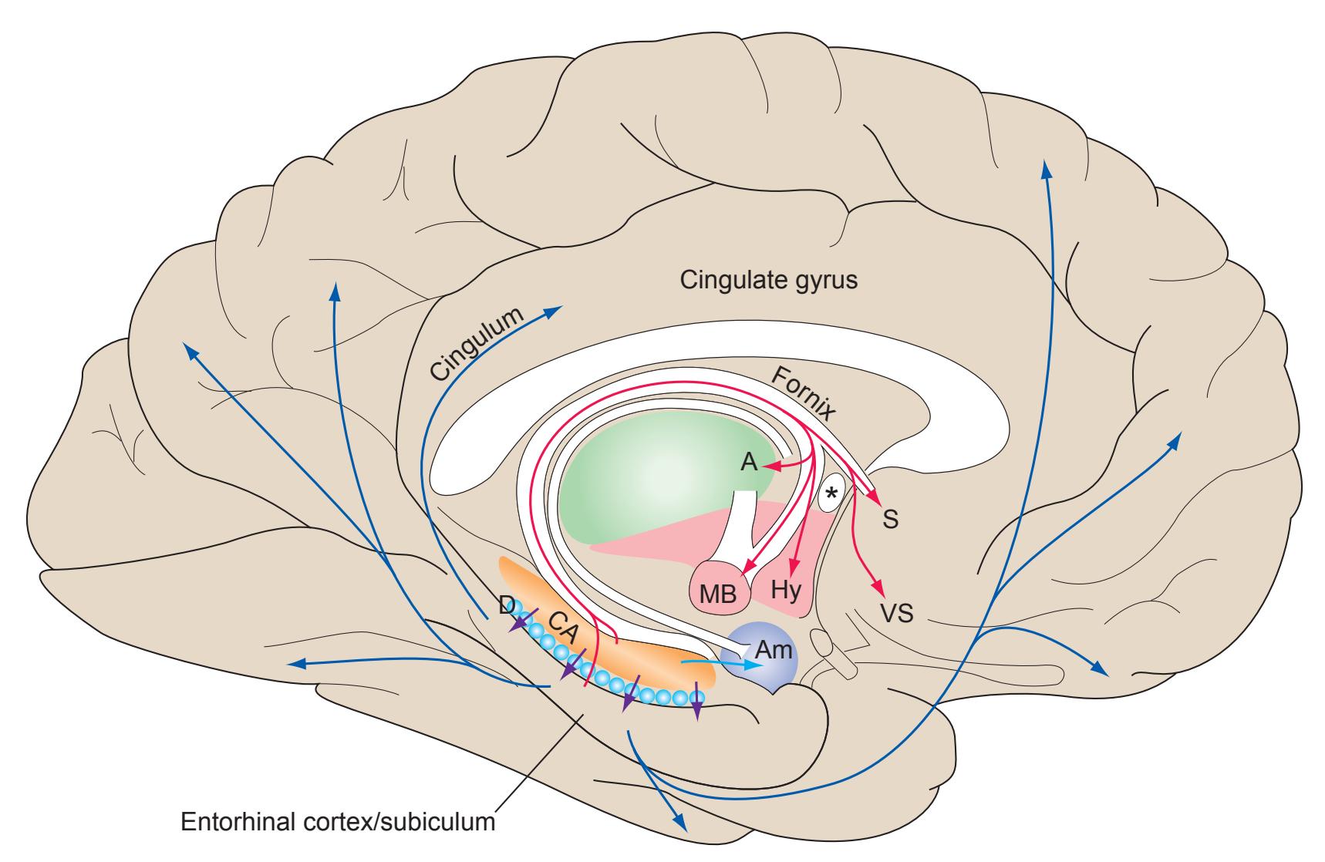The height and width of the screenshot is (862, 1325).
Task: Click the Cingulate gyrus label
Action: (768, 280)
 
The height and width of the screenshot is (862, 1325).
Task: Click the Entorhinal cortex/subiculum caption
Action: (337, 821)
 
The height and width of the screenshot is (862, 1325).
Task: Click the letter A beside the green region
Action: (748, 463)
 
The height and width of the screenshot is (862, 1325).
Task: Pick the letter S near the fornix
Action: (890, 520)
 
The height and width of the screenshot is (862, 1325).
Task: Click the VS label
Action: (897, 614)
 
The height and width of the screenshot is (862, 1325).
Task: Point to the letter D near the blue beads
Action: (507, 606)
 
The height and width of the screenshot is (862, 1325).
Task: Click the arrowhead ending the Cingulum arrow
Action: (555, 309)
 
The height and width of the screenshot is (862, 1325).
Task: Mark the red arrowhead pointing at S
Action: (876, 498)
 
